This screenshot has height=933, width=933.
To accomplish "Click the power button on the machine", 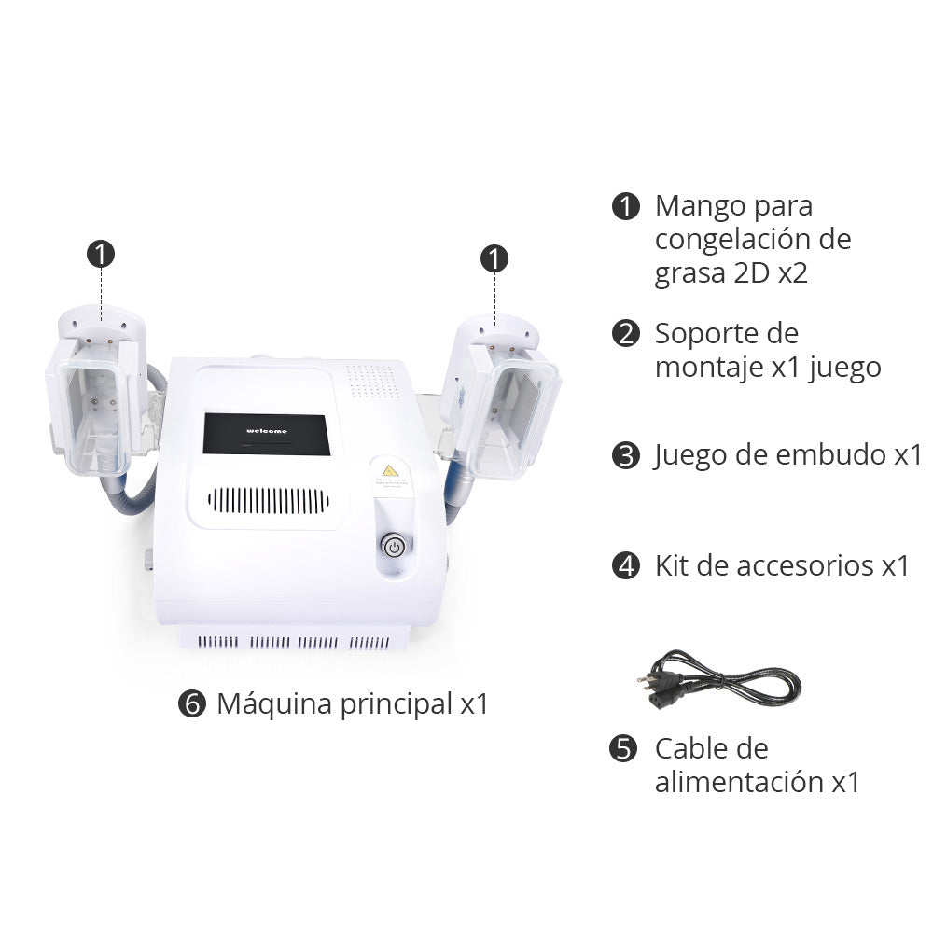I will click(395, 547).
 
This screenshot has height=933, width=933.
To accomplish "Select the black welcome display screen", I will click(266, 434).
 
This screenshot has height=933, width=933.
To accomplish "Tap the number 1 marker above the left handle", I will click(101, 254).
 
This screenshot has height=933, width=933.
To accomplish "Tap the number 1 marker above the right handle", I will click(494, 258).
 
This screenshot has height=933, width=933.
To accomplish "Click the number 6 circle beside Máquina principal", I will click(191, 704).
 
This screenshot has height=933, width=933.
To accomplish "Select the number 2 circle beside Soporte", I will click(626, 334).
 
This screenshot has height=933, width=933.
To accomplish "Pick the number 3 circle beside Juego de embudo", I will click(626, 456).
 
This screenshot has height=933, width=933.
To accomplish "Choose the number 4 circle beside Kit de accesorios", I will click(626, 565).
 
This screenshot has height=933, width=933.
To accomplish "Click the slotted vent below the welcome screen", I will click(268, 501).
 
